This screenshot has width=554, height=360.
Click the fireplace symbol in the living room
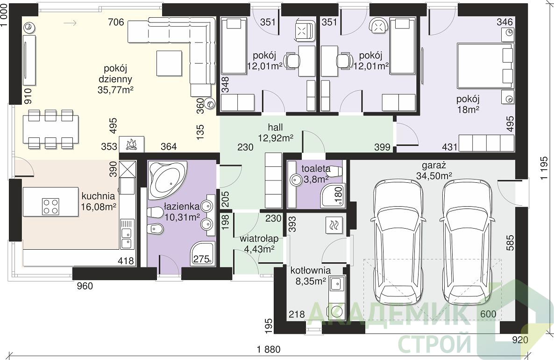coord(131,144)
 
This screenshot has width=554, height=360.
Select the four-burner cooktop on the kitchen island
coord(50,207)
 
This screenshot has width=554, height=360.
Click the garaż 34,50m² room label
coord(434,171)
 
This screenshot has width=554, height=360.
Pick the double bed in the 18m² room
coord(485,65)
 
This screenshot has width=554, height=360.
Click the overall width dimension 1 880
coord(269,350)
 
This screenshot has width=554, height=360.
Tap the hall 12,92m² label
coord(276,133)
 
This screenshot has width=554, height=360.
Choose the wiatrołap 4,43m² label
coord(259,244)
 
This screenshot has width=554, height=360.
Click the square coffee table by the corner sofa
coord(170,64)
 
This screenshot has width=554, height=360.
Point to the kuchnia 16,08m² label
coord(99,201)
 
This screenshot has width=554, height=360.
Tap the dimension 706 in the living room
coord(116,22)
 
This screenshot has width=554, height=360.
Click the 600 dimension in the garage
coord(488,314)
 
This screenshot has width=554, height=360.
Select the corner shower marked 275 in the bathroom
coord(203,253)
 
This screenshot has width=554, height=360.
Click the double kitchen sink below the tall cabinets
coord(126,234)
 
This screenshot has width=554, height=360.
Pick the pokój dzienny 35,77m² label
coord(115,79)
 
